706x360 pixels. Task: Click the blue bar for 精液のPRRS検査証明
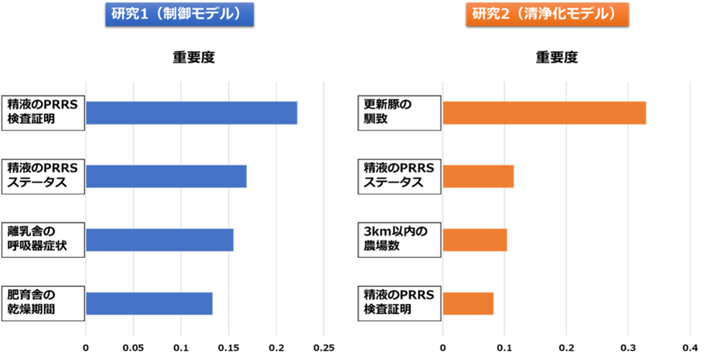(193, 113)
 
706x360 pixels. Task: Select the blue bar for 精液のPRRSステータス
(167, 176)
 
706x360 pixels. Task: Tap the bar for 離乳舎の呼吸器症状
(161, 240)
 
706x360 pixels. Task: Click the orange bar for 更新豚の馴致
(545, 113)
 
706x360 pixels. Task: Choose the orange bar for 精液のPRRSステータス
(479, 176)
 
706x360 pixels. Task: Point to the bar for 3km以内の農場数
(475, 240)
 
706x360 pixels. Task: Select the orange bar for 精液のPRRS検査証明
(469, 304)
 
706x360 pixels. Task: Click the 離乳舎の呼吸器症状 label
(43, 240)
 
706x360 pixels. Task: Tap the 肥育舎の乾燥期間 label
(43, 303)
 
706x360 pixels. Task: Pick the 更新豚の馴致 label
(398, 112)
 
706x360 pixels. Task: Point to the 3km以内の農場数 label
(398, 240)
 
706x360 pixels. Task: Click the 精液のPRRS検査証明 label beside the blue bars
(43, 112)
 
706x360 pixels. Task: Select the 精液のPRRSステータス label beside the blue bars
(43, 175)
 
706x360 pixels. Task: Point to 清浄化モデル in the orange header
(569, 14)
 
